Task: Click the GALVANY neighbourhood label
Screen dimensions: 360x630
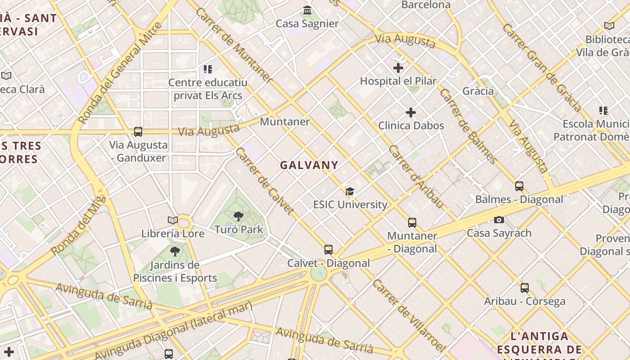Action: point(309,165)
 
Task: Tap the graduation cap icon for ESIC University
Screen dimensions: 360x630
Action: point(350,191)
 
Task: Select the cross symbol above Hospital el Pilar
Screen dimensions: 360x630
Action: point(398,68)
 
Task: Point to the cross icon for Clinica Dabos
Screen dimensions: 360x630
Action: point(411,112)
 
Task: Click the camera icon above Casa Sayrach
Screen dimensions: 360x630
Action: point(499,220)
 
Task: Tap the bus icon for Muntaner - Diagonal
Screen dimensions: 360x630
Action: point(412,222)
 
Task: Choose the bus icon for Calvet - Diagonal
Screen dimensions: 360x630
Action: point(328,249)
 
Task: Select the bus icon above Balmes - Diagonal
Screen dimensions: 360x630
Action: point(519,186)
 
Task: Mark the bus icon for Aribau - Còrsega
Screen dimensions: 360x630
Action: point(525,288)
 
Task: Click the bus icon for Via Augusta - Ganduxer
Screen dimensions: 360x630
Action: point(138,131)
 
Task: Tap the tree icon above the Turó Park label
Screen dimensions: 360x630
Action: point(238,216)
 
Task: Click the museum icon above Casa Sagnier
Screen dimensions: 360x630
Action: point(307,10)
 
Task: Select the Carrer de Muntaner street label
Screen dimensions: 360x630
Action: point(234,45)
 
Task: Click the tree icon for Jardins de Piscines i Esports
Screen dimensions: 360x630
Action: point(175,252)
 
